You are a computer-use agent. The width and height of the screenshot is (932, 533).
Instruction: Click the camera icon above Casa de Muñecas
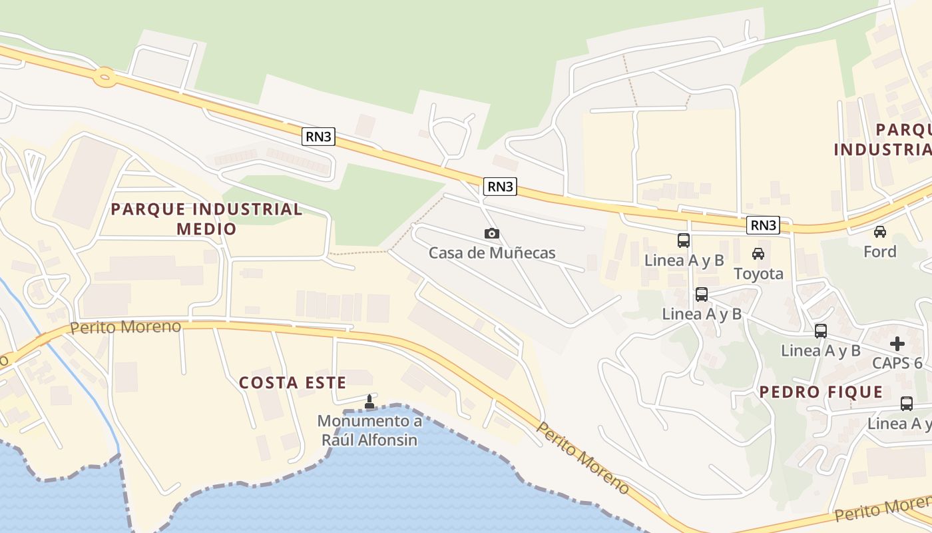[x=492, y=233]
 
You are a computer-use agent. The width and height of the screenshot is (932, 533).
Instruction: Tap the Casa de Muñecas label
[x=492, y=253]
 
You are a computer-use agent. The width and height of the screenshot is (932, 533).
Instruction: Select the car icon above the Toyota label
[x=758, y=254]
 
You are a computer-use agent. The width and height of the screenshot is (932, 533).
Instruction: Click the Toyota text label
[x=758, y=274]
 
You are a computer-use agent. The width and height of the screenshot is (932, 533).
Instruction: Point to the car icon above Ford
[x=880, y=232]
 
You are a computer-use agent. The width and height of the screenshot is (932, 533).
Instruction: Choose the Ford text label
[x=880, y=252]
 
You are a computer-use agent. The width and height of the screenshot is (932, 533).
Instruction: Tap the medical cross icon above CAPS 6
[x=897, y=344]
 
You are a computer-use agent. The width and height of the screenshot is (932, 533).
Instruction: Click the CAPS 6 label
[x=897, y=363]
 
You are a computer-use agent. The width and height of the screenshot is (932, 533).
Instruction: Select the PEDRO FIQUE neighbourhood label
[x=821, y=392]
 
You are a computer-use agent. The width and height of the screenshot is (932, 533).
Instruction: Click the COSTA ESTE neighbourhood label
[x=292, y=382]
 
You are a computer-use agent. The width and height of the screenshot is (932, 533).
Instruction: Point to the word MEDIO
[x=206, y=229]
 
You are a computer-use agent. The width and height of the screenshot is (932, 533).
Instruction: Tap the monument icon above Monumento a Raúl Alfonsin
[x=369, y=402]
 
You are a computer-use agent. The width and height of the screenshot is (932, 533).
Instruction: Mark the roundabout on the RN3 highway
[x=104, y=77]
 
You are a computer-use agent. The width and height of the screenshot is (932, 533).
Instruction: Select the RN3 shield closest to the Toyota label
[x=763, y=225]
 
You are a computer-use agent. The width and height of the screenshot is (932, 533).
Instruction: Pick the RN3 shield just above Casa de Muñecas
[x=501, y=187]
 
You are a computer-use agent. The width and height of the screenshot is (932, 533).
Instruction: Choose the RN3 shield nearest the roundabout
[x=318, y=137]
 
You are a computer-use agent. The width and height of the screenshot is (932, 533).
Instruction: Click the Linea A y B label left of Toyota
[x=684, y=261]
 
